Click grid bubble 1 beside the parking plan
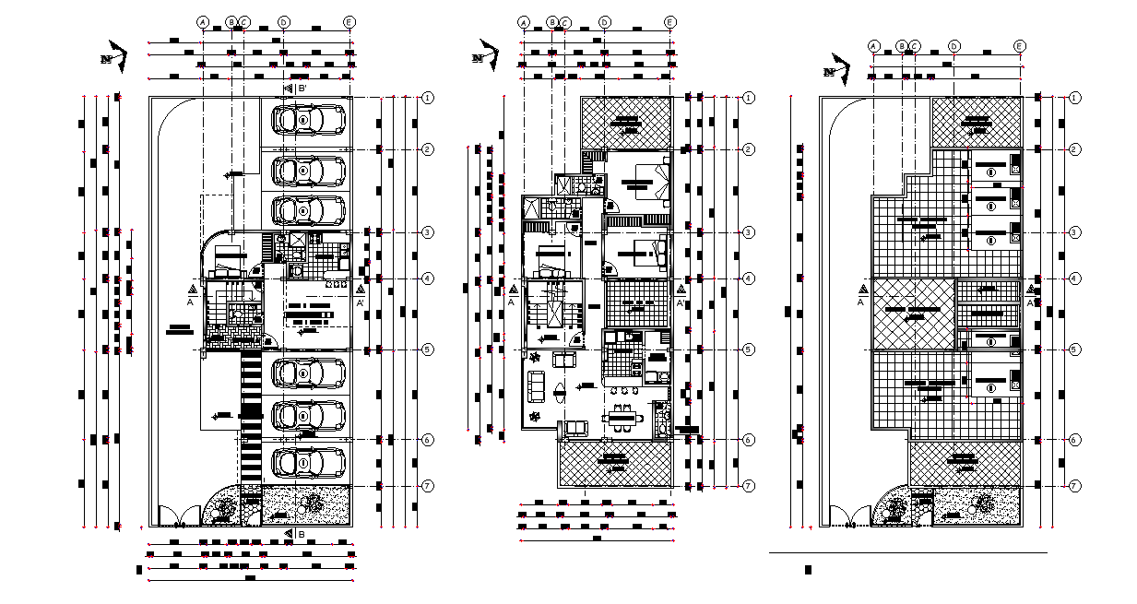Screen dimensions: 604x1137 pyautogui.click(x=428, y=98)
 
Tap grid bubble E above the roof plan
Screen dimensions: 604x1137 pyautogui.click(x=1019, y=46)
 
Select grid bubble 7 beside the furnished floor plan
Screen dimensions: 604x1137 pyautogui.click(x=749, y=486)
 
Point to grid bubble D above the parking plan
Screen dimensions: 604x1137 pyautogui.click(x=283, y=21)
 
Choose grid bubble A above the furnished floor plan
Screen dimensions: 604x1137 pyautogui.click(x=524, y=22)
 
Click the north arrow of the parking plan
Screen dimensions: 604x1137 pyautogui.click(x=113, y=54)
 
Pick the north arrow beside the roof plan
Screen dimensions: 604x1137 pyautogui.click(x=835, y=68)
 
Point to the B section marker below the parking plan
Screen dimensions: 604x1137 pyautogui.click(x=293, y=534)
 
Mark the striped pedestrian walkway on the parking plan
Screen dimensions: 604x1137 pyautogui.click(x=250, y=415)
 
